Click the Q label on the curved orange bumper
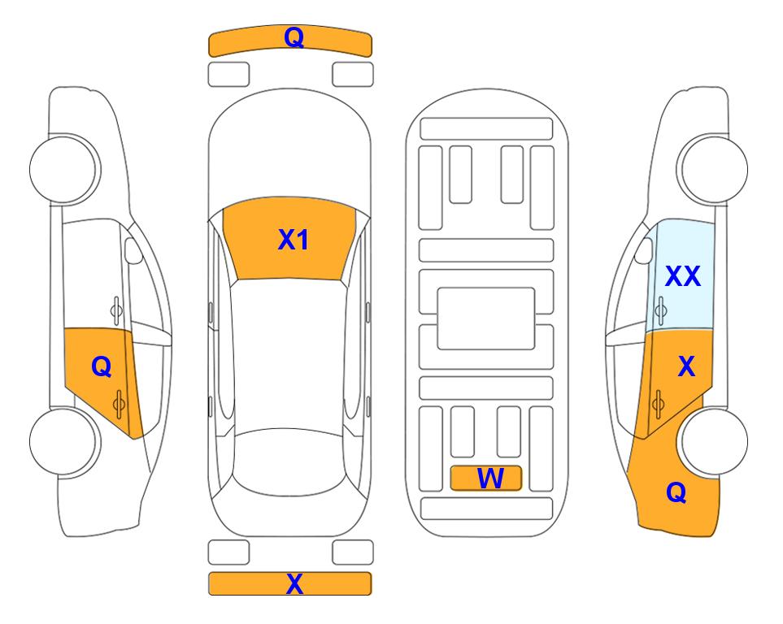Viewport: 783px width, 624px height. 294,37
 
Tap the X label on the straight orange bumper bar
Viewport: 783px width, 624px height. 294,583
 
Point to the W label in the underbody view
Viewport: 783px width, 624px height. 489,478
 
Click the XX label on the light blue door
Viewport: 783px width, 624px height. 683,275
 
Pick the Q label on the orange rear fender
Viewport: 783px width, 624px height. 676,492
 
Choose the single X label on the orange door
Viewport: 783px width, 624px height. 686,366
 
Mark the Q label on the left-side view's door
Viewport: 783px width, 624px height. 102,367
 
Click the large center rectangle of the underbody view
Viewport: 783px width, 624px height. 486,318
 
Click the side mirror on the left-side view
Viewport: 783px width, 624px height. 133,250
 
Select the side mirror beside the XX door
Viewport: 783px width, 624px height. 644,250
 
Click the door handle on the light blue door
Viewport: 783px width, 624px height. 661,310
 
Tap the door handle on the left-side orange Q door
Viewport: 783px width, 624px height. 119,404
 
